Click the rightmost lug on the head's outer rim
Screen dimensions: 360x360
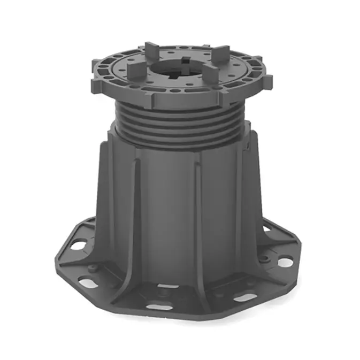266,81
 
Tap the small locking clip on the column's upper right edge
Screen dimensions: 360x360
249,143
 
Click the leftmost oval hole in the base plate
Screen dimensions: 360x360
79,245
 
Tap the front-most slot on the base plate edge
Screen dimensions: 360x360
160,307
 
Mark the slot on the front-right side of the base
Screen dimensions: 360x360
246,297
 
